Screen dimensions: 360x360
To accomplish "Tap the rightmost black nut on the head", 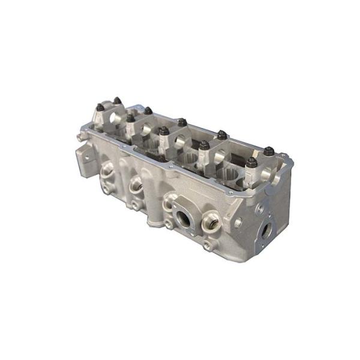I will (269, 151).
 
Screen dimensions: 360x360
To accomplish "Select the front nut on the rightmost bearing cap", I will (251, 163).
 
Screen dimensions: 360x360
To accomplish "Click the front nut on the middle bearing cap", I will (164, 131).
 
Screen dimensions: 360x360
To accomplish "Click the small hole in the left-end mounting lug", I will (85, 158).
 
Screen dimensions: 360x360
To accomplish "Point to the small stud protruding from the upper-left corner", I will (79, 137).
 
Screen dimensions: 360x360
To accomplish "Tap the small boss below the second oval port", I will (136, 205).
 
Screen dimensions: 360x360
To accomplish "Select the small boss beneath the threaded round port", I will (208, 245).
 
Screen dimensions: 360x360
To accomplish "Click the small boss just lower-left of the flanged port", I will (169, 224).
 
